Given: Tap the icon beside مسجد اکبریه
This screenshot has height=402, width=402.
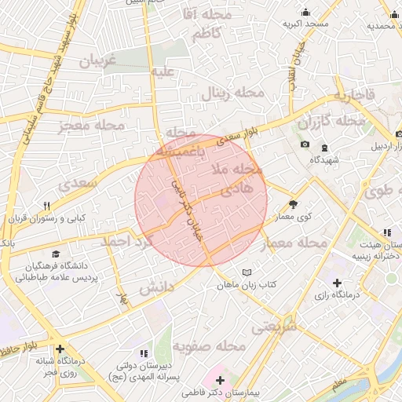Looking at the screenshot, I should (305, 12).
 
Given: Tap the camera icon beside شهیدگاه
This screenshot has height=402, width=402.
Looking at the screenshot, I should (305, 144).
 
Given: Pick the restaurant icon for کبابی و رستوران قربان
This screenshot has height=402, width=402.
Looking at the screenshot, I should (47, 206).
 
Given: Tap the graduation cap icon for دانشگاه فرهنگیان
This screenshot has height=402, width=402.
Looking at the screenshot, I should (56, 254).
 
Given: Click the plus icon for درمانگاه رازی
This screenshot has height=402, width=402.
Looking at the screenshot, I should (338, 283).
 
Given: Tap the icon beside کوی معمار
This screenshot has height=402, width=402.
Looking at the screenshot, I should (294, 203).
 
